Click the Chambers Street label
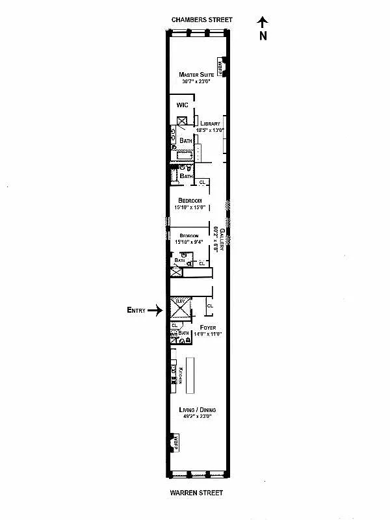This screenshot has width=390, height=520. (x=201, y=20)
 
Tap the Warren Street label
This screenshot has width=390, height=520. (x=196, y=493)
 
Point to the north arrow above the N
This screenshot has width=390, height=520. (x=263, y=22)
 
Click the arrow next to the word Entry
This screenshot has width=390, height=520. (x=154, y=311)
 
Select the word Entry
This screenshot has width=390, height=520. (x=135, y=311)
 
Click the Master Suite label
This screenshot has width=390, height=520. (x=196, y=75)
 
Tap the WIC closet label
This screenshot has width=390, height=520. (x=182, y=105)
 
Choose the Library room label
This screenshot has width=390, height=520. (x=210, y=123)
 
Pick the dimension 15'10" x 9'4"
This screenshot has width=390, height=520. (x=189, y=242)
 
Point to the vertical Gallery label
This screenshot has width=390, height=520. (x=222, y=240)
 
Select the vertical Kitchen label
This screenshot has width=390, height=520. (x=181, y=376)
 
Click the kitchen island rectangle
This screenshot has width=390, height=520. (x=191, y=376)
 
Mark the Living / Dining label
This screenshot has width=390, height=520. (x=198, y=409)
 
